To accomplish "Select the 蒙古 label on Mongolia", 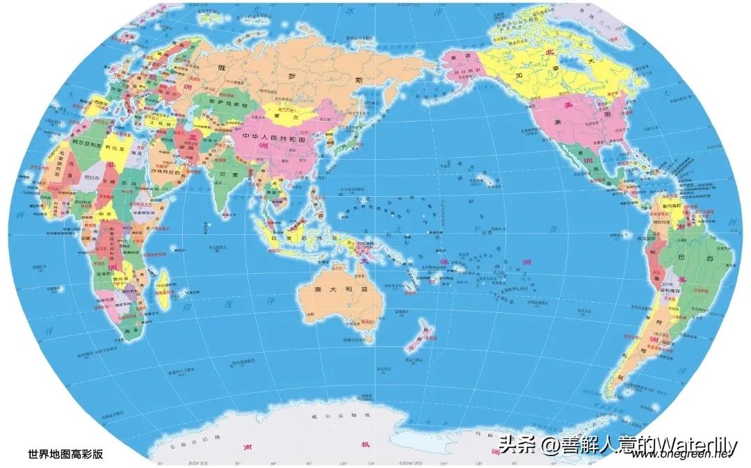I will [284, 116].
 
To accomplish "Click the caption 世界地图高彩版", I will [65, 453].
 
